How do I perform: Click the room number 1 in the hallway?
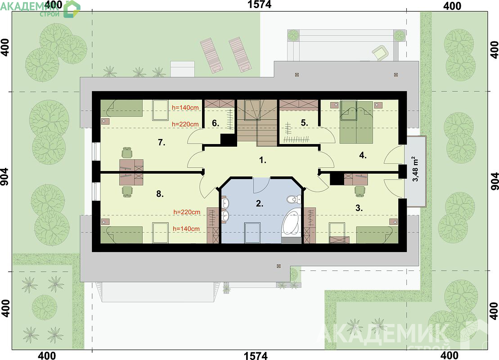tap(262, 160)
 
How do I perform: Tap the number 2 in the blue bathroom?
tap(259, 203)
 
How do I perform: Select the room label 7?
tap(162, 143)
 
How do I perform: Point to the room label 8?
tap(160, 194)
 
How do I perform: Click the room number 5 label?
tap(304, 123)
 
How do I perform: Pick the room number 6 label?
tap(216, 123)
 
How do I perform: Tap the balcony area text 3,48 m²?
tap(416, 169)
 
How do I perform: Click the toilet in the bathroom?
tap(292, 200)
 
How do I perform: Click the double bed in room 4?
tap(356, 122)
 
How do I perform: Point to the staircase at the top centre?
tap(257, 123)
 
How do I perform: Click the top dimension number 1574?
tap(259, 4)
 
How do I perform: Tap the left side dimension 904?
tap(5, 181)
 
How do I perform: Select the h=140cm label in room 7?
tap(185, 108)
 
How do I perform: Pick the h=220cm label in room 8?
tap(187, 212)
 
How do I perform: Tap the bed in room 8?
tap(121, 234)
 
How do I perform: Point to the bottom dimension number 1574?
tap(256, 355)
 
